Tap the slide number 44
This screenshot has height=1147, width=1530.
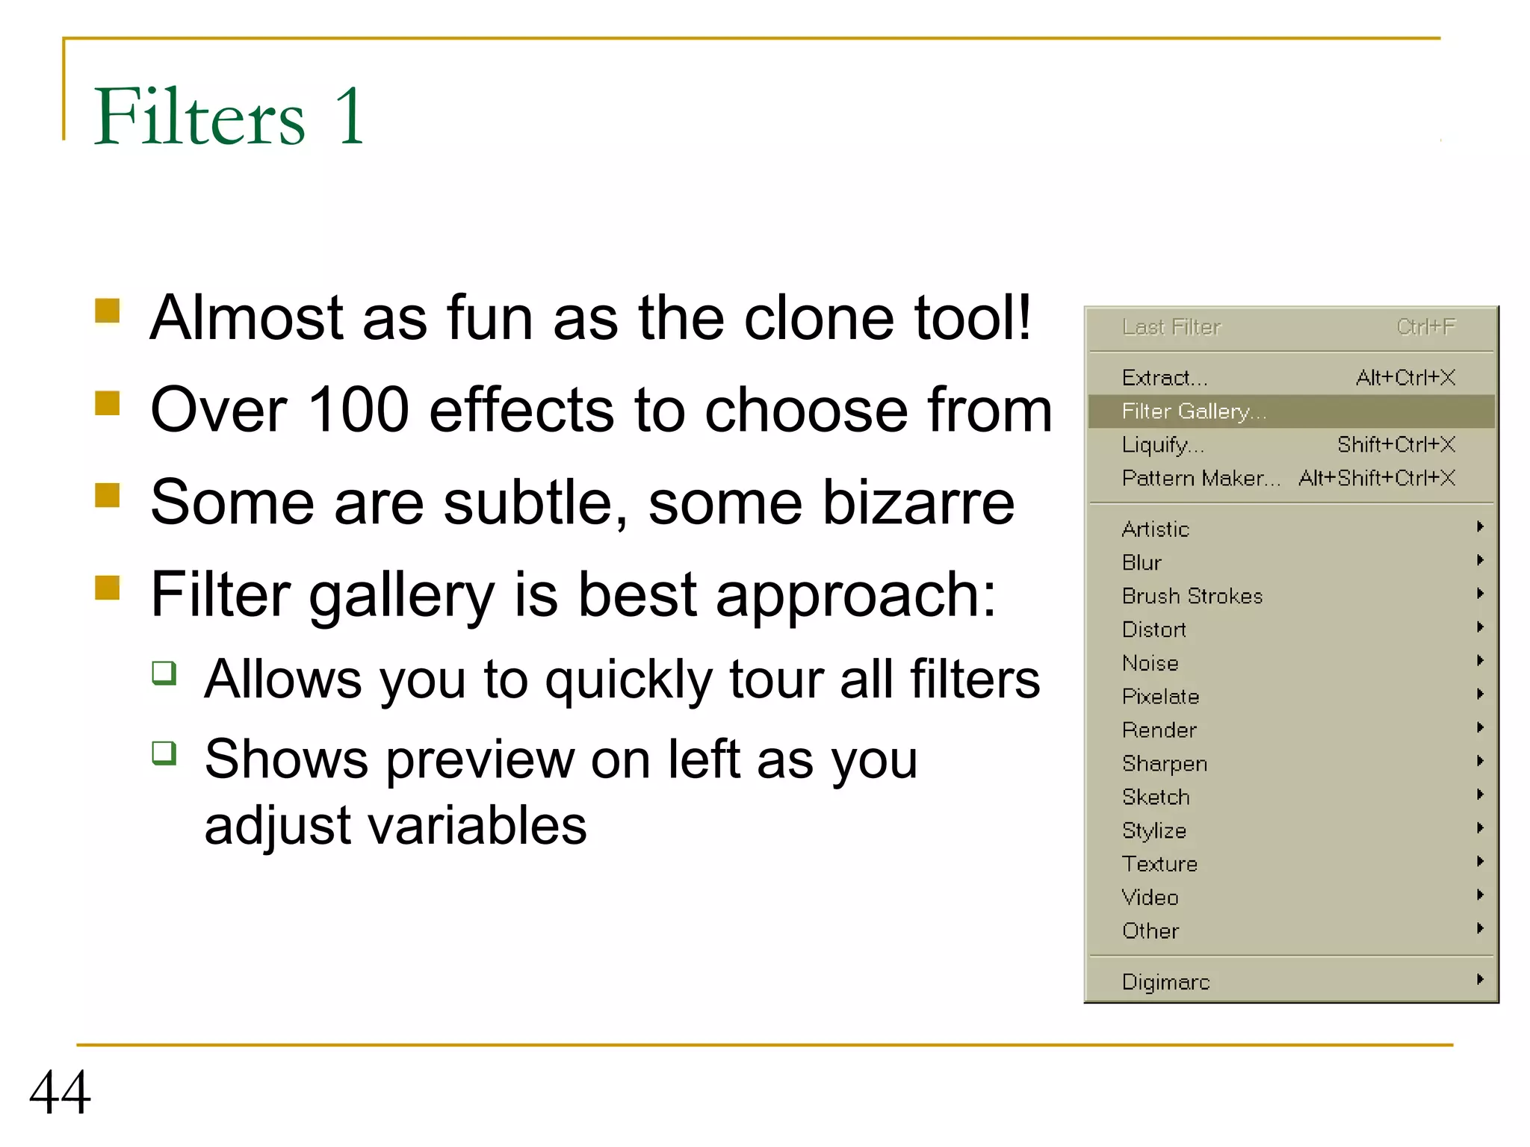[x=60, y=1092]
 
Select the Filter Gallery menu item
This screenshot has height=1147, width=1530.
[x=1194, y=411]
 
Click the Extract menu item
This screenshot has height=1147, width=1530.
[x=1164, y=378]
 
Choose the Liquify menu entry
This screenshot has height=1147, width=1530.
[x=1162, y=445]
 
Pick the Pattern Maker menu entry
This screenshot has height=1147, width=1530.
[x=1201, y=478]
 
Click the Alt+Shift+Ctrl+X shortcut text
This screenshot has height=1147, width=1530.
[x=1376, y=478]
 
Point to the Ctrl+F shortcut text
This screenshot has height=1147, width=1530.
[x=1425, y=327]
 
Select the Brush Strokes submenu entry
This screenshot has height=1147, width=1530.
[x=1192, y=596]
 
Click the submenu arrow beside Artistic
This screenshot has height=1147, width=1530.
[x=1480, y=527]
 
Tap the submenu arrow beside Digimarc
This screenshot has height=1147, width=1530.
[x=1480, y=980]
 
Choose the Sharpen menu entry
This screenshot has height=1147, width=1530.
[x=1164, y=764]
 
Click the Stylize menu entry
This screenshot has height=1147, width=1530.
[x=1153, y=830]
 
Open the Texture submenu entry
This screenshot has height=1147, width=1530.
[x=1159, y=864]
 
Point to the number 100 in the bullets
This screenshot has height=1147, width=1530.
[x=358, y=409]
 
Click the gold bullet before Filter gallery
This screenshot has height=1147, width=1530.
[x=108, y=588]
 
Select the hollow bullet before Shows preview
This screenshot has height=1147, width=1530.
[x=164, y=753]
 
